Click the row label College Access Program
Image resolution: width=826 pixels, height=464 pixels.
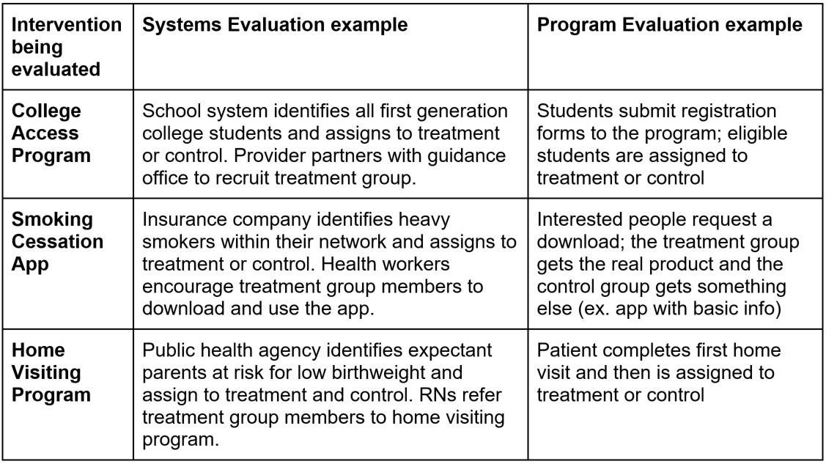tap(55, 136)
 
